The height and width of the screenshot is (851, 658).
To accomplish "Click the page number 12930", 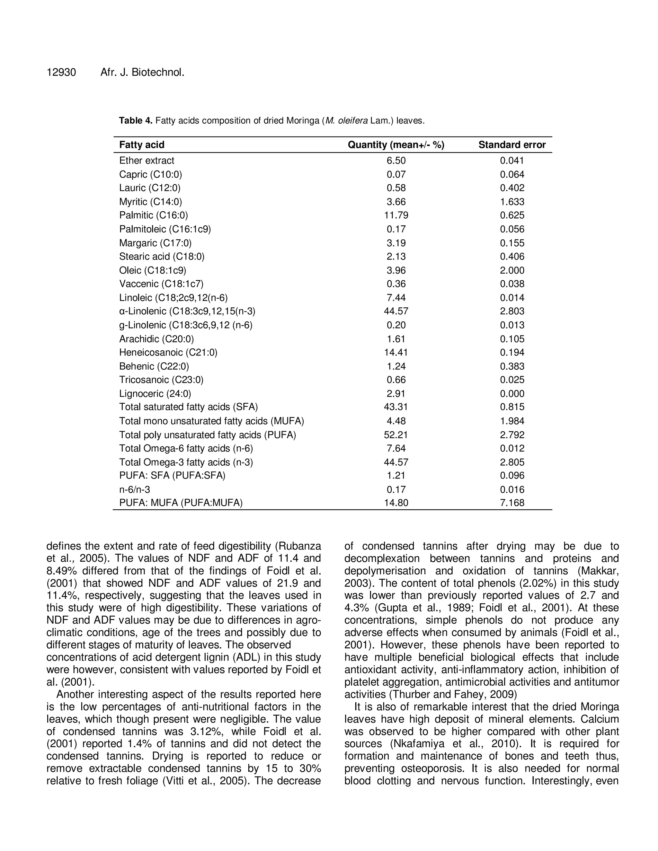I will (61, 73).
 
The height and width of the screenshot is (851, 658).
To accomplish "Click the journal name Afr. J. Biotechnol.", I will (142, 73).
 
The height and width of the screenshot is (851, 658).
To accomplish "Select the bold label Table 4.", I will (136, 120).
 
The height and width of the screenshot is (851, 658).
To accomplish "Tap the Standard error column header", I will (512, 145).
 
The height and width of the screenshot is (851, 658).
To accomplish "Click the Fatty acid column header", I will (142, 145).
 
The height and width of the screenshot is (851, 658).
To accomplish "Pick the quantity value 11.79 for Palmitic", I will (396, 215).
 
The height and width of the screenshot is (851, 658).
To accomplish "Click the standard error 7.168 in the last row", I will (512, 503).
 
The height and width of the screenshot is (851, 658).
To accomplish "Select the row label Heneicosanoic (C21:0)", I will (168, 352).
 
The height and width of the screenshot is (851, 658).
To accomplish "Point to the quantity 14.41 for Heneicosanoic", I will (396, 352).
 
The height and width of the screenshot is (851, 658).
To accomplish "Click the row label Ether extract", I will (147, 161).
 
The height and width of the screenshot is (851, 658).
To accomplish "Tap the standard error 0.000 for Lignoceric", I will (512, 394).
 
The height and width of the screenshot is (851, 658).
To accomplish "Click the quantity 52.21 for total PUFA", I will (396, 435).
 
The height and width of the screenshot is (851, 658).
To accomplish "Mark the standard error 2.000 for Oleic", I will (512, 270).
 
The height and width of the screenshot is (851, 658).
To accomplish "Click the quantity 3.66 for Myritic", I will (396, 202).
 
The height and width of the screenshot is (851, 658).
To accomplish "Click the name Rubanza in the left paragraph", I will (300, 546).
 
